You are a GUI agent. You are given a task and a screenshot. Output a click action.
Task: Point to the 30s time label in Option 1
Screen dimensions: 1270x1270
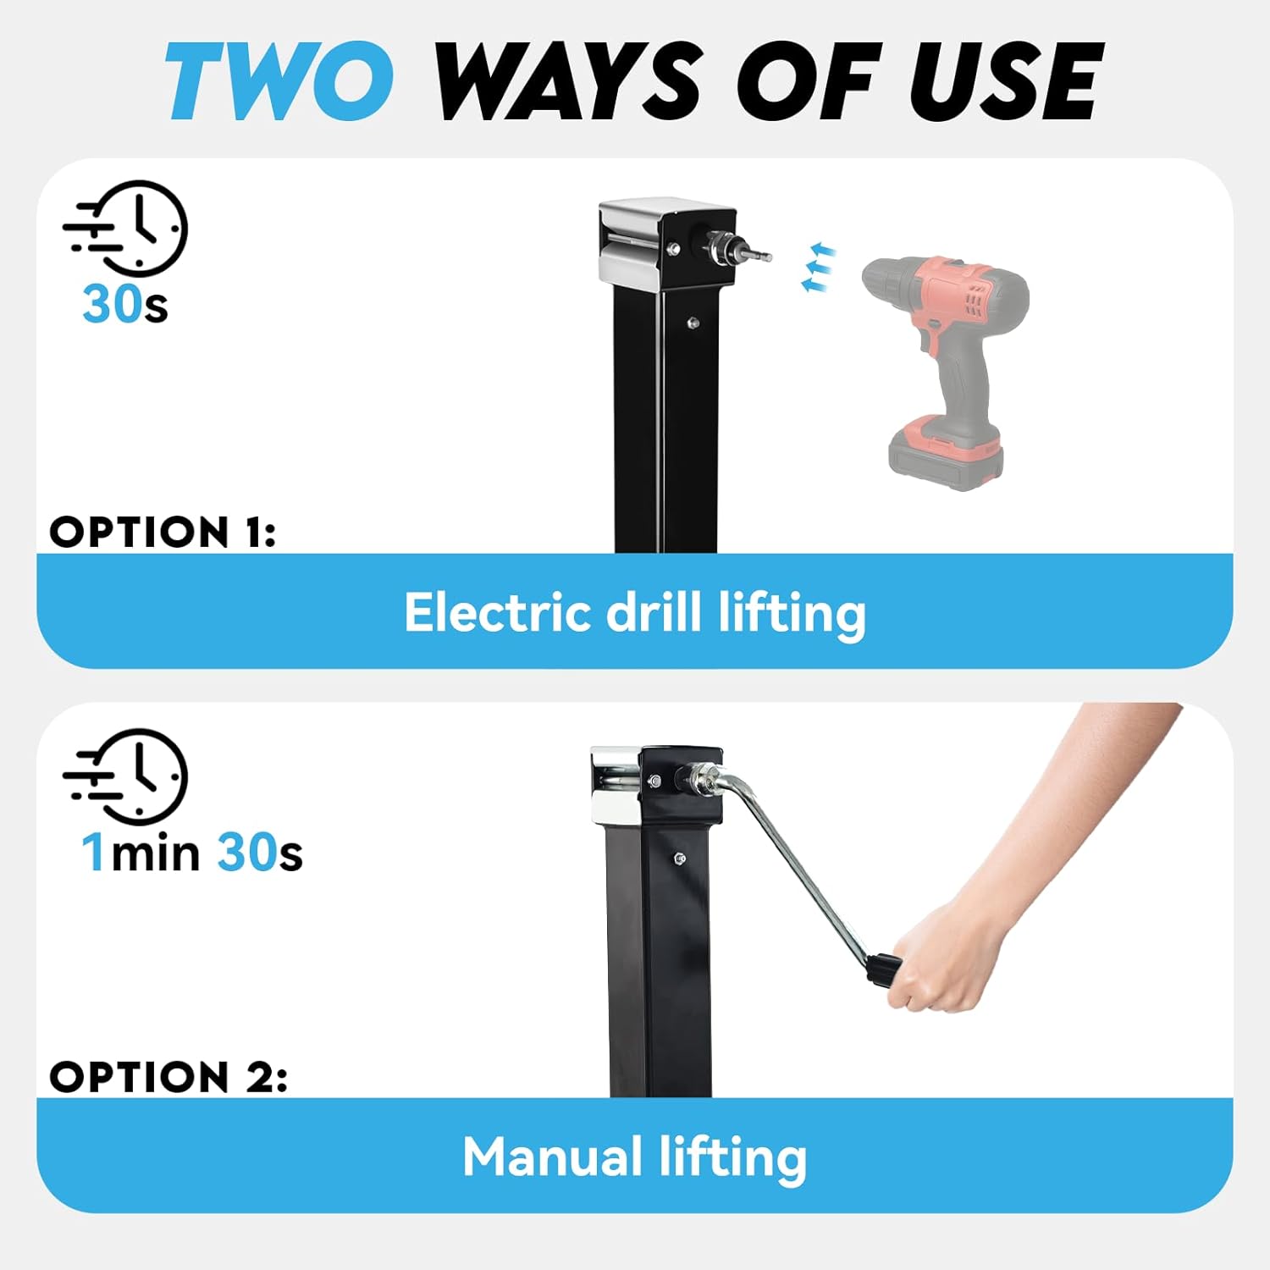tap(124, 304)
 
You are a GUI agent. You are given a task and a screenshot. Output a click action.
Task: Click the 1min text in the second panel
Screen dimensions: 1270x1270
tap(141, 852)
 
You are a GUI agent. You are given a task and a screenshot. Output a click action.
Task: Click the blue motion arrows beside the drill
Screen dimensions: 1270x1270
tap(818, 268)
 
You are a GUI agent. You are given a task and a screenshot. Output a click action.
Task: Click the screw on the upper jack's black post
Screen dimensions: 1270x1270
tap(693, 322)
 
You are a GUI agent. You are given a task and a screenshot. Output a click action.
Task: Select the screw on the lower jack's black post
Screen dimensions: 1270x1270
tap(678, 860)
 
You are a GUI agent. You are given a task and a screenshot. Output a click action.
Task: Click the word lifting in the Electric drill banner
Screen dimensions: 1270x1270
tap(792, 612)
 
